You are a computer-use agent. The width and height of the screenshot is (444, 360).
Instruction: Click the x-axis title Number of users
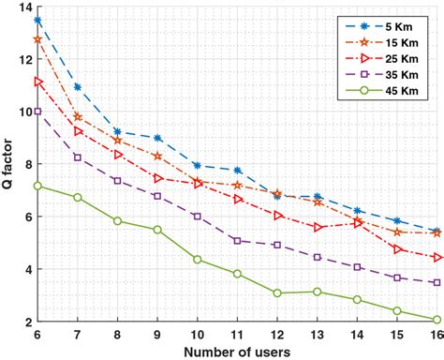[x=237, y=351]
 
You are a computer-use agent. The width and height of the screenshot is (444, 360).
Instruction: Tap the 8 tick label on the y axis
[x=26, y=165]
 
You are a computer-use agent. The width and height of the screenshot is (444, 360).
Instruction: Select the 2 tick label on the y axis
[x=26, y=322]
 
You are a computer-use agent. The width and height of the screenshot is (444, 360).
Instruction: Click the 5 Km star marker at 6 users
[x=37, y=20]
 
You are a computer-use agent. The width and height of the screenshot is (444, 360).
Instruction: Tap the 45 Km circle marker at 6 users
[x=37, y=186]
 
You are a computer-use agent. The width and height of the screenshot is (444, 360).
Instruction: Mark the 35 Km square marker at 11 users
[x=238, y=241]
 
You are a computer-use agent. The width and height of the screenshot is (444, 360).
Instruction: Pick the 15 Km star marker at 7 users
[x=78, y=117]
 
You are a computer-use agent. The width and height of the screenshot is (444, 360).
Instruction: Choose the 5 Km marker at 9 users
[x=157, y=138]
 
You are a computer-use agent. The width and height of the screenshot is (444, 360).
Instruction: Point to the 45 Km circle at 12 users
[x=277, y=293]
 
